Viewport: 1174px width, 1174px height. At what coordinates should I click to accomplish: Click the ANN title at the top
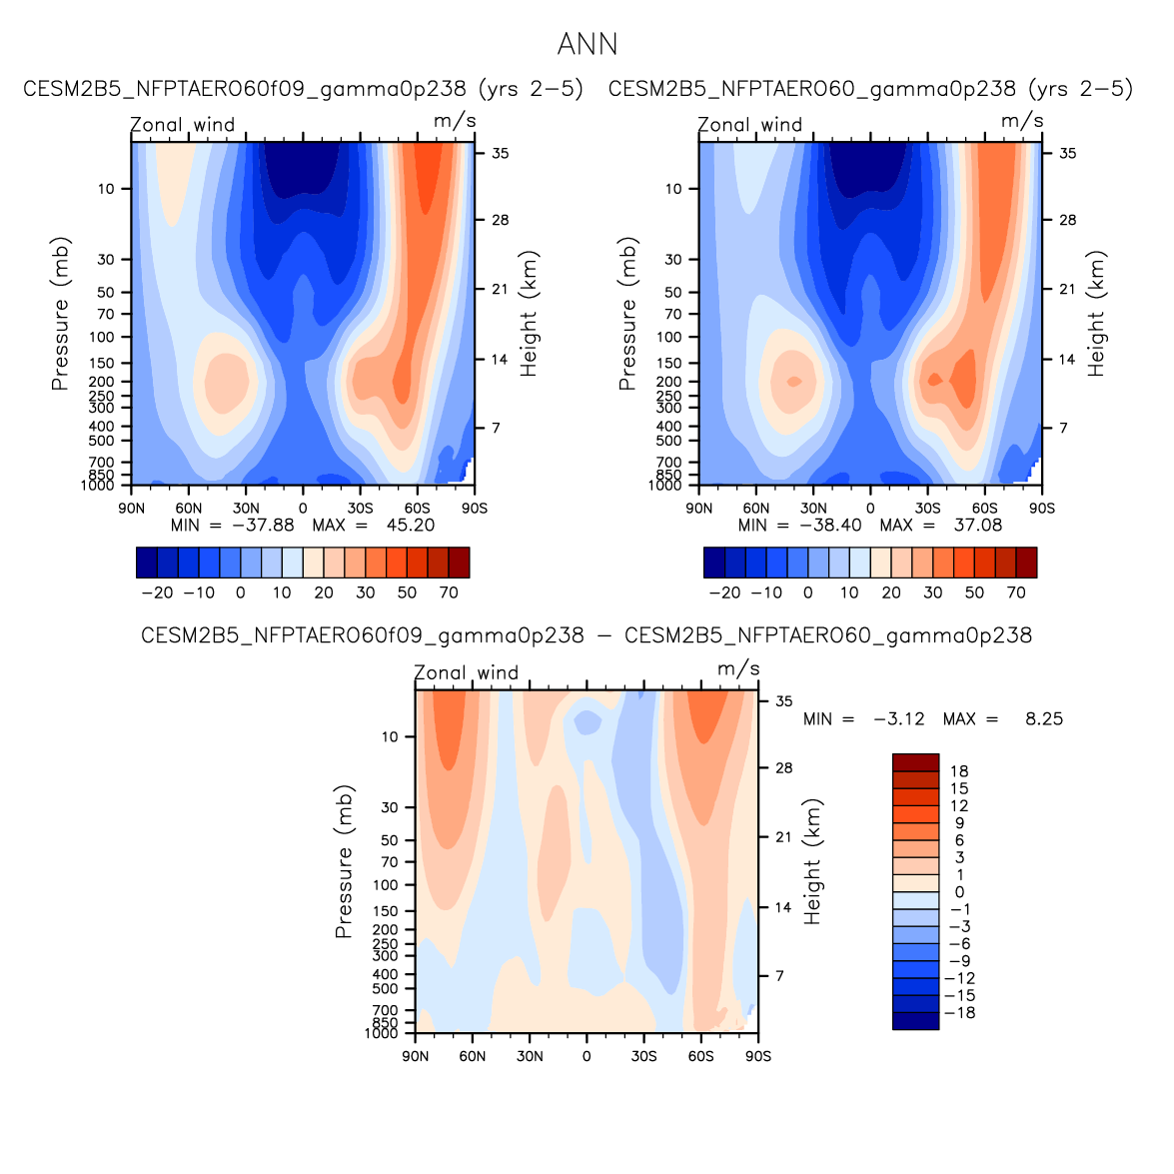[587, 45]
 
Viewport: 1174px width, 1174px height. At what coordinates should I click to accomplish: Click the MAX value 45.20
[410, 526]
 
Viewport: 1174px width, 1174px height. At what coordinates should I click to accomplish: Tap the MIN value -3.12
[898, 719]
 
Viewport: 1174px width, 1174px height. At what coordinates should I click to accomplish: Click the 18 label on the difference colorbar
[959, 771]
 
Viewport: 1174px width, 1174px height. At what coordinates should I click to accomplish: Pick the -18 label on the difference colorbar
[961, 1013]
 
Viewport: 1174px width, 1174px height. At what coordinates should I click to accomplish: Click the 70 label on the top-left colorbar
[449, 592]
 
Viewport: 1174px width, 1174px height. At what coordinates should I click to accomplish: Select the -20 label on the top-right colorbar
[724, 592]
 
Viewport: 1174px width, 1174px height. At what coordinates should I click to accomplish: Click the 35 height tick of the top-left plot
[500, 154]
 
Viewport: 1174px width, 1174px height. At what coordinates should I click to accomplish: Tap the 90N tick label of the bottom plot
[416, 1056]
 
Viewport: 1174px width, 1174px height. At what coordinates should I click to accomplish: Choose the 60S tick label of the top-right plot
[985, 509]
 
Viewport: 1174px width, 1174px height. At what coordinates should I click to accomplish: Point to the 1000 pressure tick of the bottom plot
[382, 1034]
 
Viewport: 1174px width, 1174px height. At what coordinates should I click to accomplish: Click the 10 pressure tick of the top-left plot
[106, 189]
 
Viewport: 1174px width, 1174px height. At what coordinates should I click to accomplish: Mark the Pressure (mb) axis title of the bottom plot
[345, 861]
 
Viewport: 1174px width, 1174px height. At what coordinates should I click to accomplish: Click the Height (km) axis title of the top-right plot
[1097, 314]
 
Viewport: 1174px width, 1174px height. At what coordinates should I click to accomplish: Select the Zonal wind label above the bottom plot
[467, 673]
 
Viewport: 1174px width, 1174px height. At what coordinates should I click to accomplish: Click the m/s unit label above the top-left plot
[455, 121]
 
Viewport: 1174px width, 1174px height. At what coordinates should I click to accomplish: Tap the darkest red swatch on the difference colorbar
[915, 762]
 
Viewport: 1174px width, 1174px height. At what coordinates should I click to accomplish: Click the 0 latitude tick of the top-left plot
[303, 509]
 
